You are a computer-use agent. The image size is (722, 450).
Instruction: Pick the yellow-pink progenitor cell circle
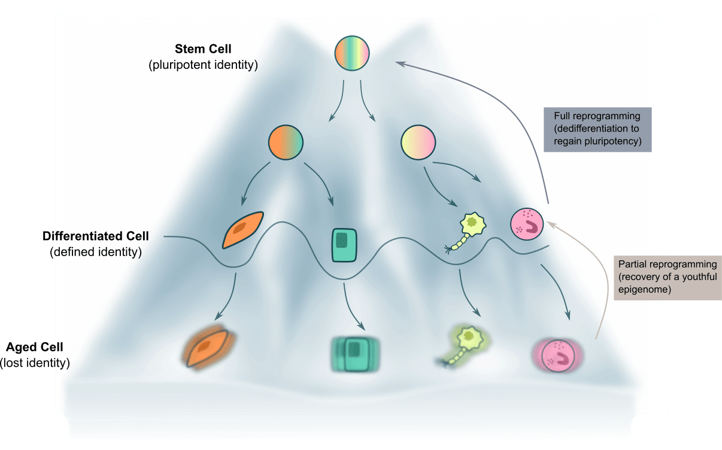(417, 143)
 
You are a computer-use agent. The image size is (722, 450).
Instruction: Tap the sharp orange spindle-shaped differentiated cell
(242, 229)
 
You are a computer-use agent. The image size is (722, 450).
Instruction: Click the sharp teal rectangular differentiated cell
(344, 245)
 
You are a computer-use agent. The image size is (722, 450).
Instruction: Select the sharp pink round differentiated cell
(527, 224)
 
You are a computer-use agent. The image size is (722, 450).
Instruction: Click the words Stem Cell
(203, 48)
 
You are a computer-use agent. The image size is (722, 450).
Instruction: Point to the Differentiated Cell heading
(96, 236)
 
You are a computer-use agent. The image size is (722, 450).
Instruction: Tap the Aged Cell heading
(35, 347)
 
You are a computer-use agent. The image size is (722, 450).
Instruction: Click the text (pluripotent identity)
(203, 64)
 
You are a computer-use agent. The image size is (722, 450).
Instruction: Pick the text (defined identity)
(96, 252)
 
